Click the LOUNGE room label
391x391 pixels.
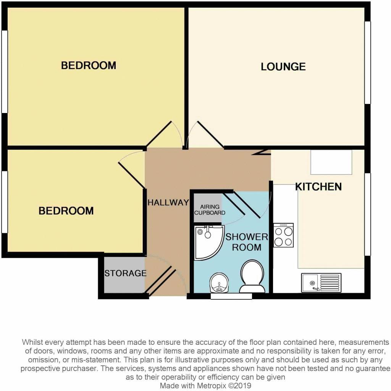[x=283, y=67]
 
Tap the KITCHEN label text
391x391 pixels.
[x=318, y=187]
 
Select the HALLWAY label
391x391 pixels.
[x=168, y=203]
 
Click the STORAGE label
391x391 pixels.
[x=125, y=273]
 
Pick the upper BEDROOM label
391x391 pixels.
[x=88, y=65]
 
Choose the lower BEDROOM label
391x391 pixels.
[x=66, y=211]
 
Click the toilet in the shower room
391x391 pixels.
[x=252, y=276]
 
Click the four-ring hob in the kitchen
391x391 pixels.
[x=283, y=235]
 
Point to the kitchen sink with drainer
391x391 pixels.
[x=321, y=283]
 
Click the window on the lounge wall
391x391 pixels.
[x=367, y=63]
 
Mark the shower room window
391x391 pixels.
[x=231, y=296]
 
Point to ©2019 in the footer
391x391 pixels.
[x=241, y=386]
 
